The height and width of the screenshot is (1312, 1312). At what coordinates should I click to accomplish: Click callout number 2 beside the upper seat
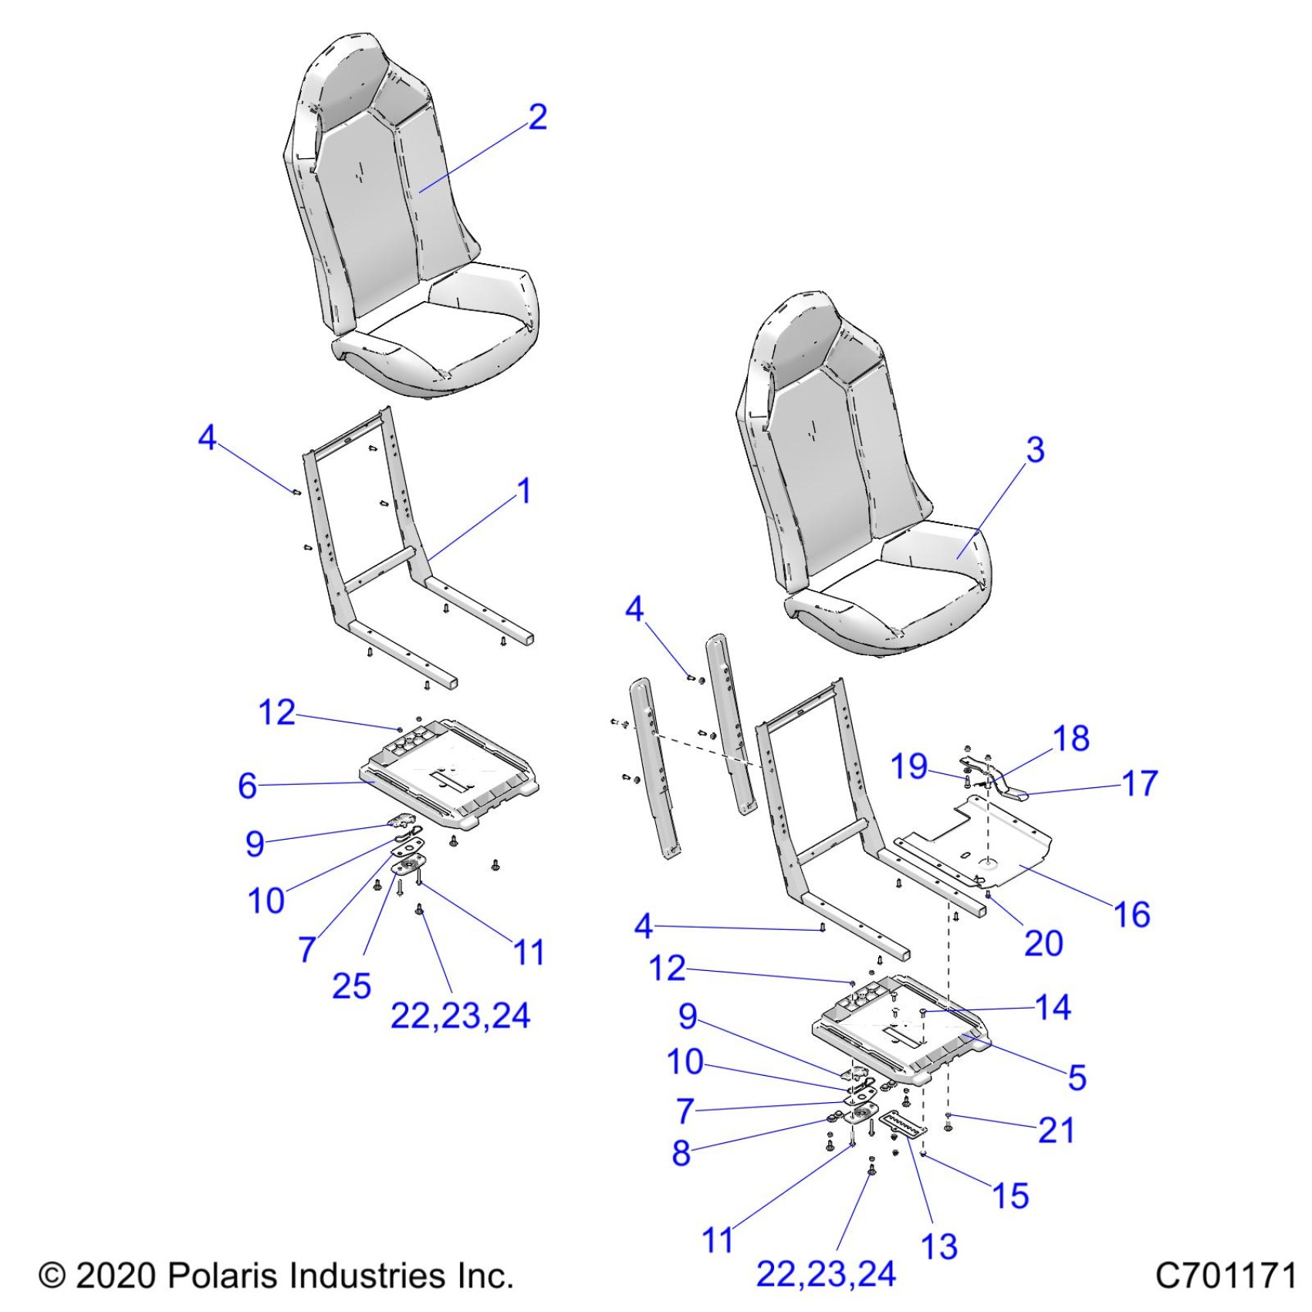click(x=538, y=117)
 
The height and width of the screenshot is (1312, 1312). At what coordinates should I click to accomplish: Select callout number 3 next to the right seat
click(x=1035, y=450)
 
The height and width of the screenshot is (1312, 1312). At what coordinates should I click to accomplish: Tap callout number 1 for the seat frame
click(x=524, y=491)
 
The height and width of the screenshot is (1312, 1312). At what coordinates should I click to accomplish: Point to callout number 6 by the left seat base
click(x=247, y=786)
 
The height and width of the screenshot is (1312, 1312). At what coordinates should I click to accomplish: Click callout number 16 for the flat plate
click(x=1131, y=915)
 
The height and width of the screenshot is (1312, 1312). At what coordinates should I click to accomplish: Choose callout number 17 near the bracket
click(x=1140, y=783)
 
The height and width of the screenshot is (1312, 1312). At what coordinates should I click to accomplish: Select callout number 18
click(x=1071, y=739)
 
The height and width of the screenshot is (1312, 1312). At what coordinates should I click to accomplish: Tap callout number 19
click(x=909, y=767)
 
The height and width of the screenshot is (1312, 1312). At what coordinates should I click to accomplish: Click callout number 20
click(x=1043, y=943)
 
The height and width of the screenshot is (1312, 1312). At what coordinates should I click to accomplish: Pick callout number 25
click(x=352, y=986)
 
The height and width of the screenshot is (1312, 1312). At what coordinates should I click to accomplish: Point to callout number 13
click(x=939, y=1246)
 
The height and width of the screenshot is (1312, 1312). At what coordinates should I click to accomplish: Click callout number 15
click(x=1010, y=1195)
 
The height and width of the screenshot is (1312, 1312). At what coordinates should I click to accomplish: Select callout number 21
click(x=1057, y=1131)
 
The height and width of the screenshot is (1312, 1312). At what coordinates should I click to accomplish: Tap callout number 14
click(x=1053, y=1007)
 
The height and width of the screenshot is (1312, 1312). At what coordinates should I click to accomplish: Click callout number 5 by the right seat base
click(x=1077, y=1077)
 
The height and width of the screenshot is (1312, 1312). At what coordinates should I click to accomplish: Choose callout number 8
click(x=681, y=1153)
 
